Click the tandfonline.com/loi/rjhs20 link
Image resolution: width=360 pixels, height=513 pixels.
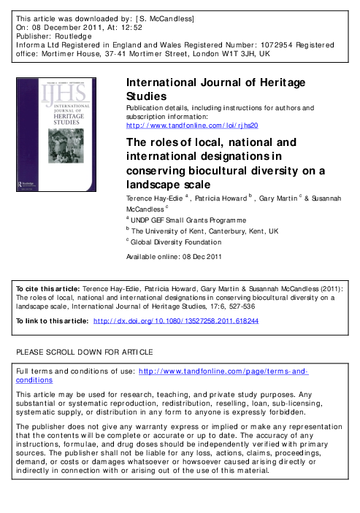tap(192, 125)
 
